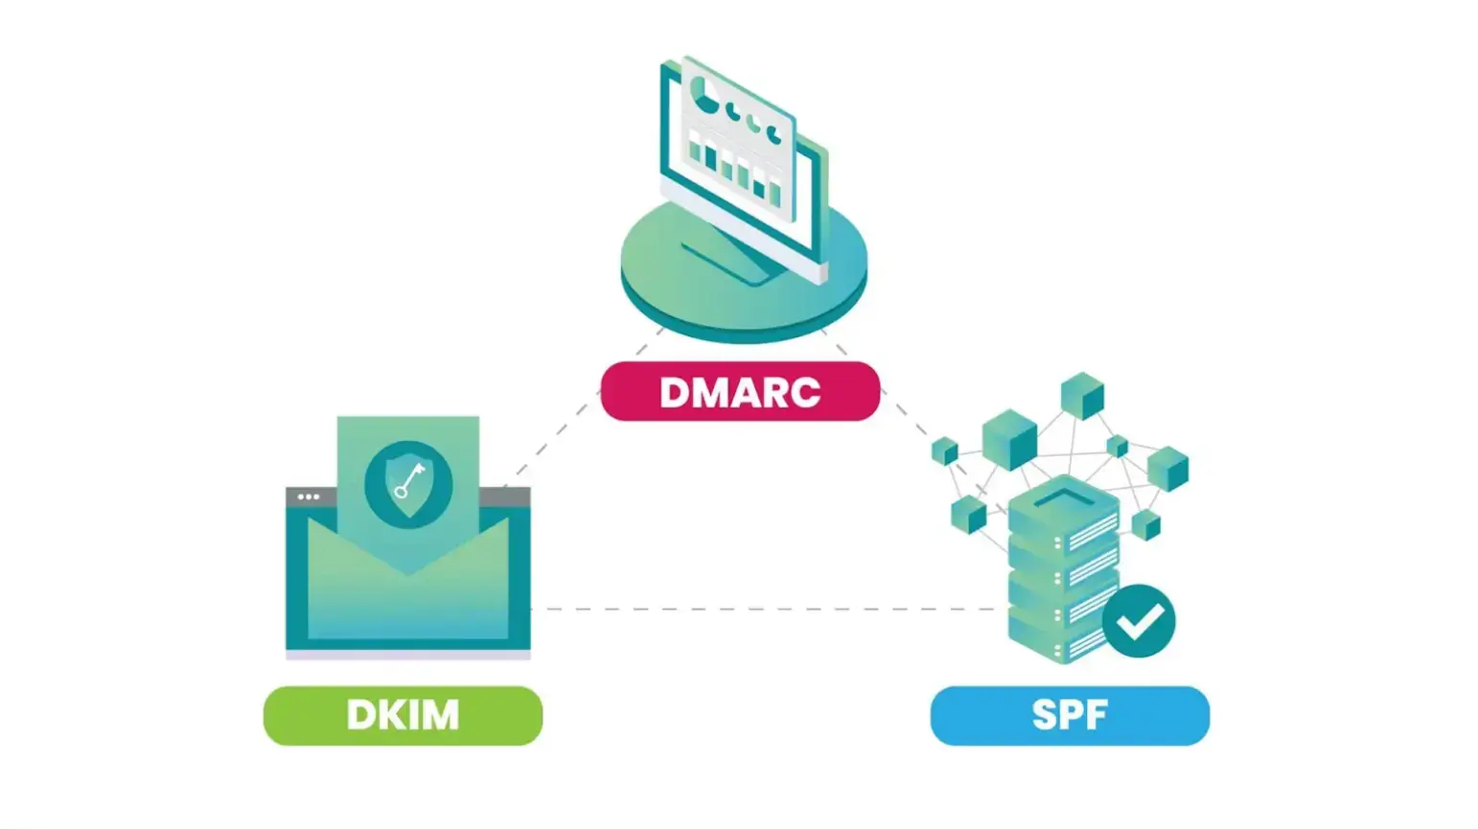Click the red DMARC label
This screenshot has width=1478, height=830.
click(x=739, y=392)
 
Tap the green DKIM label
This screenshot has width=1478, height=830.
click(x=403, y=716)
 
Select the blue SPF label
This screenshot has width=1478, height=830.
click(x=1070, y=716)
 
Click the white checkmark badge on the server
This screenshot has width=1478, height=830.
click(x=1139, y=621)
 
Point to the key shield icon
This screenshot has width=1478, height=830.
click(x=408, y=482)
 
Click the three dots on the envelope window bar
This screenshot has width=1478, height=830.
click(x=309, y=496)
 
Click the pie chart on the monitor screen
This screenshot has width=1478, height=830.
click(x=706, y=95)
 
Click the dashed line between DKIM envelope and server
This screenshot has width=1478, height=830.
click(x=767, y=609)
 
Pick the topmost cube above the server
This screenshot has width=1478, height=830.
click(x=1082, y=395)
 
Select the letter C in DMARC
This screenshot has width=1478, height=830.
click(x=804, y=392)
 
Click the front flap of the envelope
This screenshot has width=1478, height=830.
click(x=407, y=604)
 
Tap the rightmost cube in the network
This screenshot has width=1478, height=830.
click(x=1167, y=469)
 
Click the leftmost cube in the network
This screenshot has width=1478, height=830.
click(x=945, y=450)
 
